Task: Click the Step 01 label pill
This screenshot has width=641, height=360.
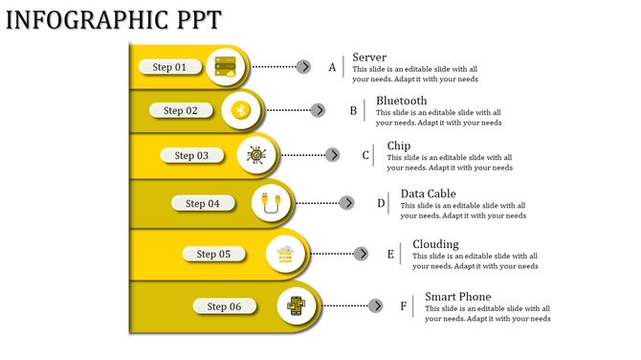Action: pos(169,67)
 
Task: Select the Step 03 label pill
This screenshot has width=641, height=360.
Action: pos(191,155)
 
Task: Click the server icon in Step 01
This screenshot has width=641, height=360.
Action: pos(227,67)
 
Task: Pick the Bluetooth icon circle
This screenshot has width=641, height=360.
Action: pos(242,111)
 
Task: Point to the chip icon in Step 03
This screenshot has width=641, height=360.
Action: pos(256,155)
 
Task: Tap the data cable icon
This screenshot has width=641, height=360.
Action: pos(273,203)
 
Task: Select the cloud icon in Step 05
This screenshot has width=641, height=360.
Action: pos(285,254)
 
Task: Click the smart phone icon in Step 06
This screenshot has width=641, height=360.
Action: pos(298,306)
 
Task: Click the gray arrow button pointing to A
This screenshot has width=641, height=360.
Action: pos(303,67)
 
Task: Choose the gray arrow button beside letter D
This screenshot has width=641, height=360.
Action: pos(347,203)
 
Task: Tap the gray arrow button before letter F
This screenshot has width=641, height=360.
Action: pos(376,306)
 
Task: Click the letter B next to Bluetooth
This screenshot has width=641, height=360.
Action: pos(353,111)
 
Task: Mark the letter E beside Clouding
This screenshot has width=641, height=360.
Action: pos(390,255)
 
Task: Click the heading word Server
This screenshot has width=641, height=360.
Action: pos(369,57)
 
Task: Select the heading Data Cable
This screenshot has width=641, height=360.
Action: pos(428,193)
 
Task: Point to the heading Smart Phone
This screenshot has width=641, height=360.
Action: pos(457,297)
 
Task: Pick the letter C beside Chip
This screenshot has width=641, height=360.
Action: pos(365,155)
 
